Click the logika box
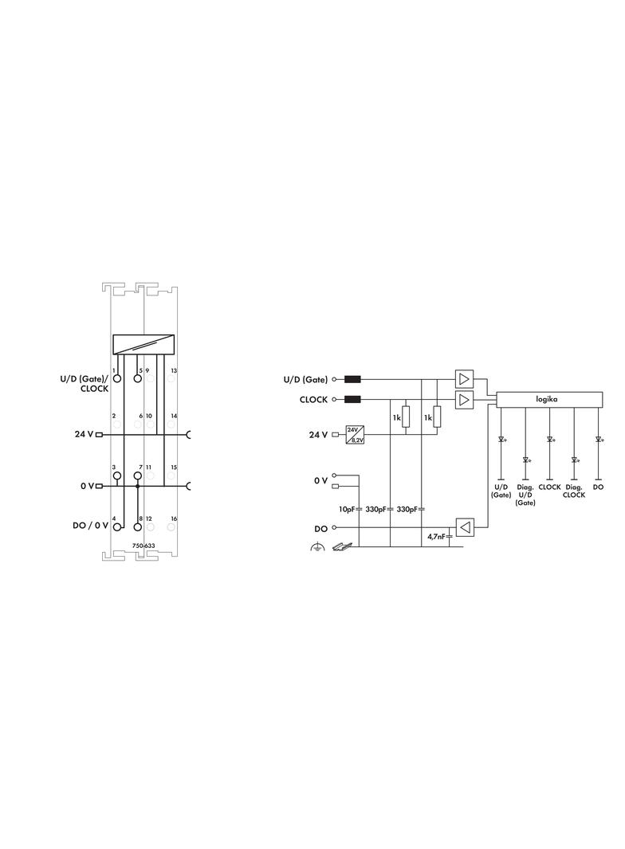(549, 400)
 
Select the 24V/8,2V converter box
(356, 435)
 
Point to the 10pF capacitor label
(347, 509)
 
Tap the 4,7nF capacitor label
(436, 537)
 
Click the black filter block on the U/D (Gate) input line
(352, 380)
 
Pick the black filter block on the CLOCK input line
(352, 400)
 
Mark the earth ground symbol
(316, 547)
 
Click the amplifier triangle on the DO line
(465, 526)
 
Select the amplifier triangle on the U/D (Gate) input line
(464, 379)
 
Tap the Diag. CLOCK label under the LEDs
(574, 491)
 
